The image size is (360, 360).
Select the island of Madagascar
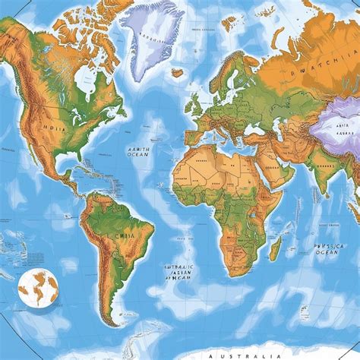(x=275, y=247)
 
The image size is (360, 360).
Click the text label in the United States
(x=53, y=129)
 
